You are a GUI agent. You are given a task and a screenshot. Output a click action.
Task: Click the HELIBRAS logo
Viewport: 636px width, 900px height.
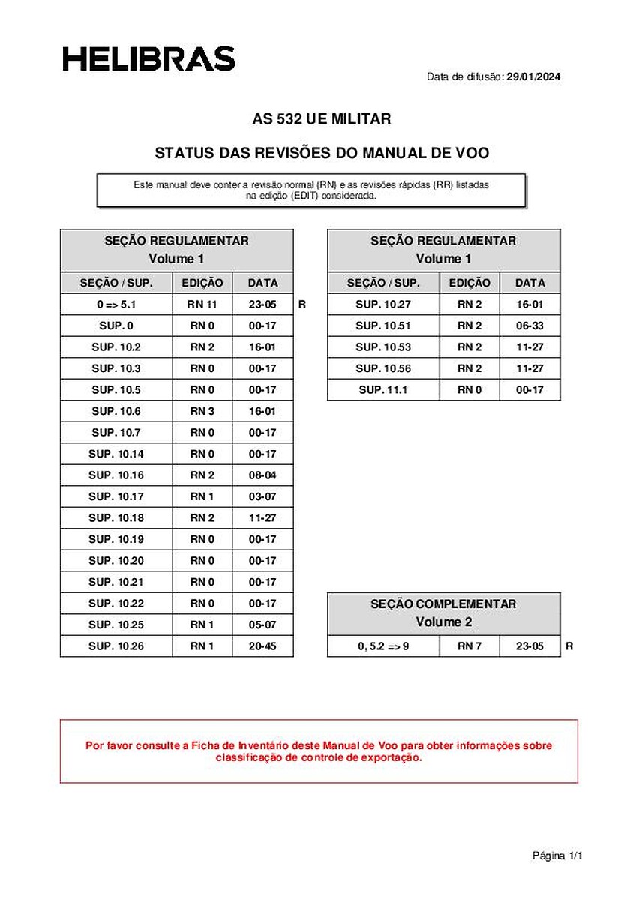click(x=148, y=58)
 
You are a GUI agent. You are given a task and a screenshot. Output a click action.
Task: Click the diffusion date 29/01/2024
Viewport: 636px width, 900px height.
click(x=534, y=76)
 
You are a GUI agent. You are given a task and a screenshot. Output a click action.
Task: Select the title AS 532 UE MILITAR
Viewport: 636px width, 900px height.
click(x=322, y=119)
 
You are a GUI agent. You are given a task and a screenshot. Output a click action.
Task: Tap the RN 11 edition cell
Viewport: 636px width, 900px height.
click(x=202, y=304)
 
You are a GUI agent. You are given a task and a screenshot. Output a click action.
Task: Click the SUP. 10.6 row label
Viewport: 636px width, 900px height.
click(x=116, y=411)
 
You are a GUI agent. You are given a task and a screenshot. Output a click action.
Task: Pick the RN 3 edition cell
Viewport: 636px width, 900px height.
click(x=202, y=411)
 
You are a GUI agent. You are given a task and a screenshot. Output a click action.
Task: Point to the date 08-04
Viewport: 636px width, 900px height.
click(x=262, y=475)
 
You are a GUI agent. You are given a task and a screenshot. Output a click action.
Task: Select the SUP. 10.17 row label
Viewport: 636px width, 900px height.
click(x=116, y=496)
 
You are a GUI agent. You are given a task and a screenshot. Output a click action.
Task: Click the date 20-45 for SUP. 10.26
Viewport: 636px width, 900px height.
click(x=262, y=646)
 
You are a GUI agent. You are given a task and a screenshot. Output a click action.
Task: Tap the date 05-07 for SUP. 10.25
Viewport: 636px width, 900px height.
click(x=262, y=625)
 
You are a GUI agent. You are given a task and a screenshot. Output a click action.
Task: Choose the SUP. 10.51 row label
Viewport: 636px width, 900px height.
click(x=382, y=325)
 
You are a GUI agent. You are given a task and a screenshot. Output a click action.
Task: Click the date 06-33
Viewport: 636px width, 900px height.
click(x=529, y=325)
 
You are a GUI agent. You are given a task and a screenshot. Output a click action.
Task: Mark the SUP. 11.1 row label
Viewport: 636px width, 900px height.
click(x=382, y=389)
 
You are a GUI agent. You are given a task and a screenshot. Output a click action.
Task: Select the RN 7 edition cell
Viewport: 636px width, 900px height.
click(x=469, y=646)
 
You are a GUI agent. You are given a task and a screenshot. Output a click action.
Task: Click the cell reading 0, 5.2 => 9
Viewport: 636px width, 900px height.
click(x=382, y=646)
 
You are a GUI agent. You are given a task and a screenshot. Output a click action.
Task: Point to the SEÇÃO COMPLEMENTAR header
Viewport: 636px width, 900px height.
click(x=443, y=604)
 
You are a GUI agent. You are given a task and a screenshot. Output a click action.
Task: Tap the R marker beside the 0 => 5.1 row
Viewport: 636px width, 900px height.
click(x=301, y=304)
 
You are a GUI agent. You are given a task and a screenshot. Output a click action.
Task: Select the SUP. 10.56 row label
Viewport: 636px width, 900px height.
click(x=382, y=368)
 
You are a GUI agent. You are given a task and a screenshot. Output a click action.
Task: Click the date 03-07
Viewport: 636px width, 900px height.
click(x=262, y=496)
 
